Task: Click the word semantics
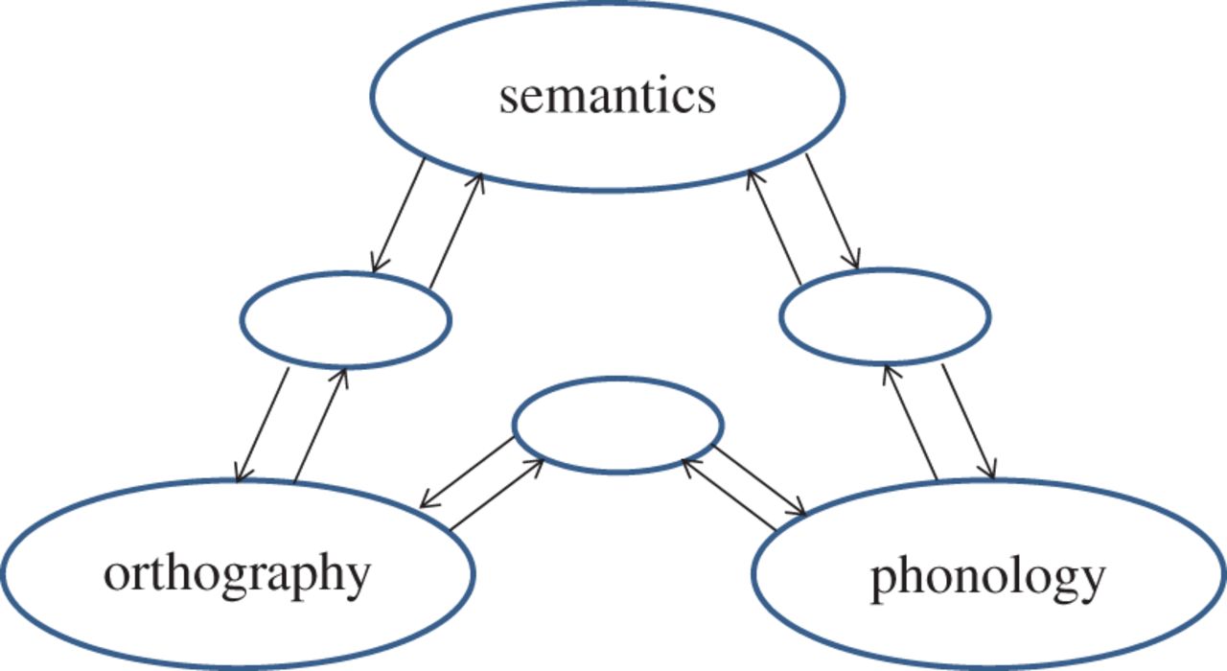click(607, 97)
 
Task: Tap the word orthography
click(237, 574)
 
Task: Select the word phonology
click(987, 578)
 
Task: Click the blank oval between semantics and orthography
click(345, 321)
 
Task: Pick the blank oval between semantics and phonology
click(885, 317)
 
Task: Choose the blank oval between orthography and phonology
click(618, 425)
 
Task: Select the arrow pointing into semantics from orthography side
click(455, 230)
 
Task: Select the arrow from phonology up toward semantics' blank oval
click(910, 422)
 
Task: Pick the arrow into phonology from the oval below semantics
click(967, 422)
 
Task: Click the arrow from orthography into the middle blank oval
click(497, 495)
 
